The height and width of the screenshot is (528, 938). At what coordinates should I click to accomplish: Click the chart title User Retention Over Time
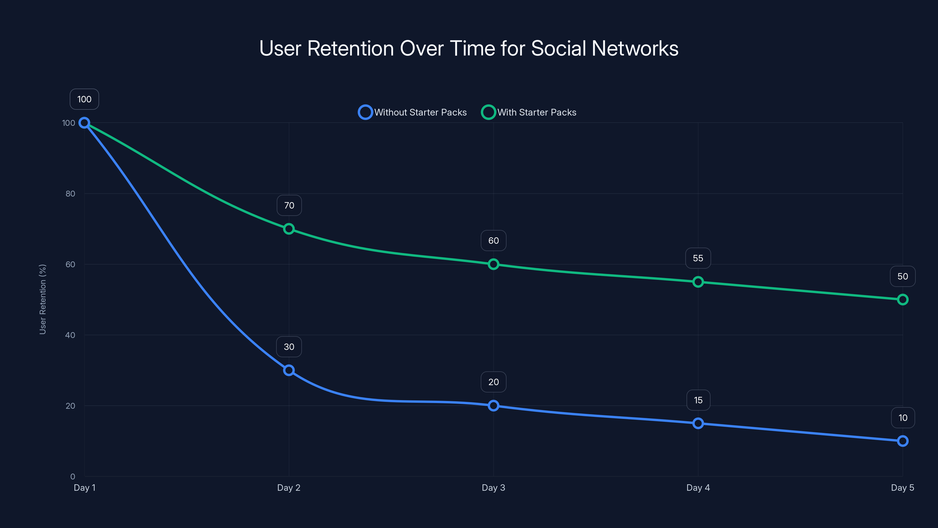[x=469, y=48]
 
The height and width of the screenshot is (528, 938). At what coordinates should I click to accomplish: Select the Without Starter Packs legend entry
[x=412, y=112]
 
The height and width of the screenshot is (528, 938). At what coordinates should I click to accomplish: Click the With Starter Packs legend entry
[x=529, y=112]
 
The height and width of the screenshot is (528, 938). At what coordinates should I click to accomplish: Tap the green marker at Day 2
[x=289, y=229]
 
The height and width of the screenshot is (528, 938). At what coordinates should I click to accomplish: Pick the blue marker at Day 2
[x=289, y=370]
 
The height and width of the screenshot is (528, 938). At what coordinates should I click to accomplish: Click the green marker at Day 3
[x=493, y=264]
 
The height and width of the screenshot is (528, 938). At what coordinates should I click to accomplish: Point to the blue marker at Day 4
[x=698, y=423]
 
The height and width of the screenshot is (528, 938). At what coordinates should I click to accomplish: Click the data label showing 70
[x=289, y=206]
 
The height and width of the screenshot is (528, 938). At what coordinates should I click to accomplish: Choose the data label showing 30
[x=289, y=347]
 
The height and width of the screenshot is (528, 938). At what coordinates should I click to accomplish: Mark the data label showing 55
[x=698, y=258]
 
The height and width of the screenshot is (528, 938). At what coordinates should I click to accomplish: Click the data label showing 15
[x=698, y=400]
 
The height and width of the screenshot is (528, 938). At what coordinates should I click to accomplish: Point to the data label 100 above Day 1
[x=84, y=99]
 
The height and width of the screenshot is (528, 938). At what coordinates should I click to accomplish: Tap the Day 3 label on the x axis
[x=493, y=488]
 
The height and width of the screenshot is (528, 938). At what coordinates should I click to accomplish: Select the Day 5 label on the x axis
[x=902, y=488]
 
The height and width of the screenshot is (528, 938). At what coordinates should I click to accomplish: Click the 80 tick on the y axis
[x=70, y=194]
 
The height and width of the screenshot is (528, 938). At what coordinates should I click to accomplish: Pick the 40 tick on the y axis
[x=70, y=335]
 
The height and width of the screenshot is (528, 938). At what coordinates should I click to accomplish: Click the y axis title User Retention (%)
[x=43, y=299]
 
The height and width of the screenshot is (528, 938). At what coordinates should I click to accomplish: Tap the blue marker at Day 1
[x=84, y=123]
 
